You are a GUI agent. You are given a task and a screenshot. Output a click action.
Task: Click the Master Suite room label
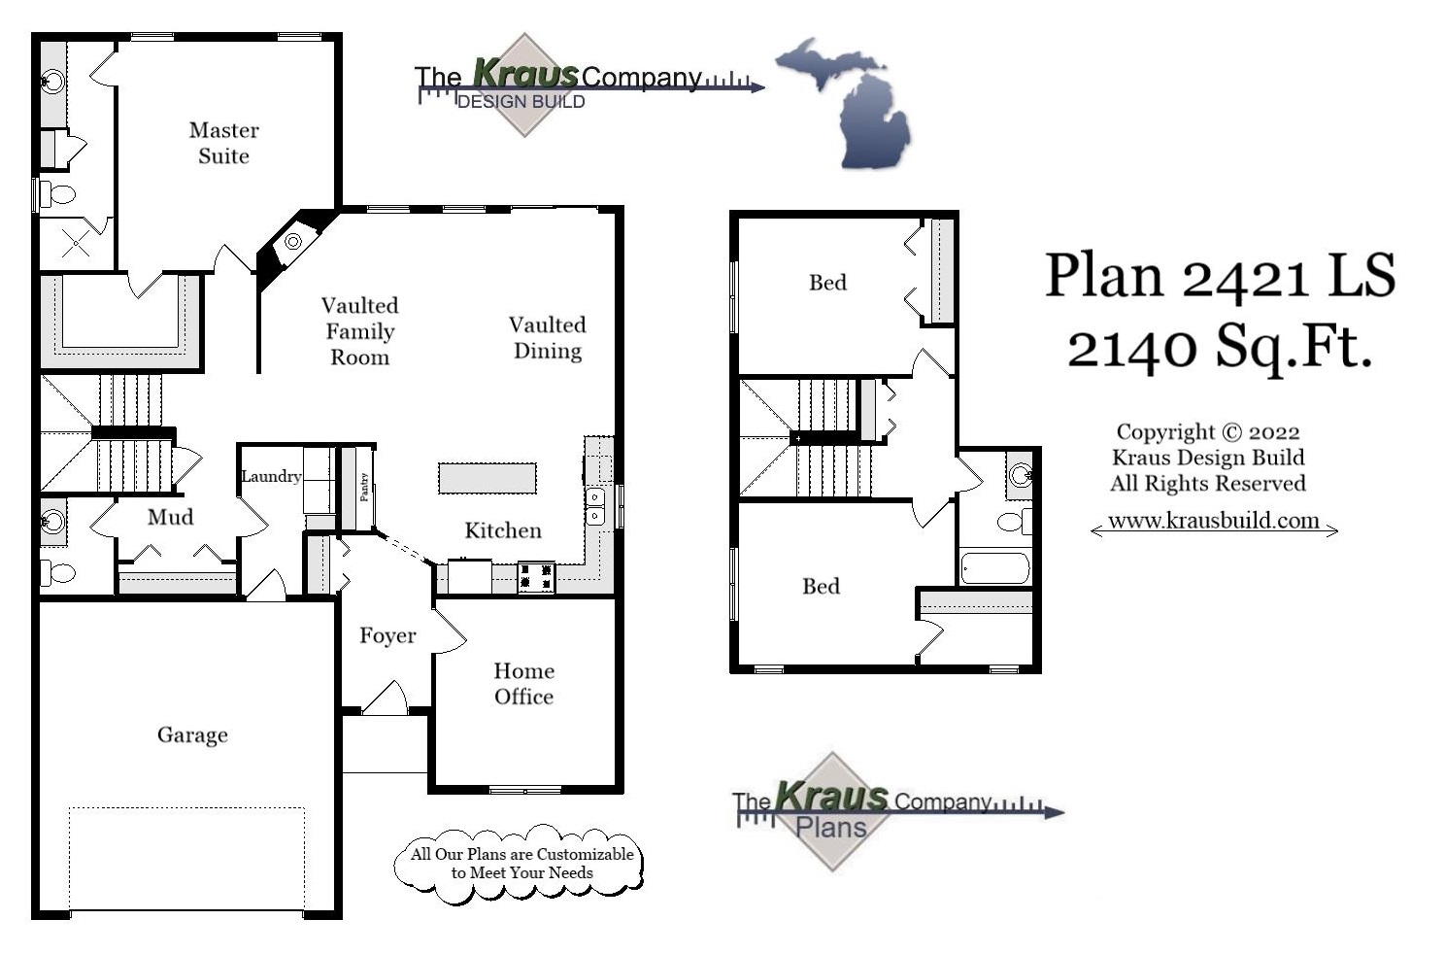(224, 143)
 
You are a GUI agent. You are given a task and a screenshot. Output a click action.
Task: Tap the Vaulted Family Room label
(359, 331)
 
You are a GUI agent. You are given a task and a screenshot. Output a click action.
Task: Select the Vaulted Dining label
(548, 337)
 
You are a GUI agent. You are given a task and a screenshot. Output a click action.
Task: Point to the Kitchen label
(503, 530)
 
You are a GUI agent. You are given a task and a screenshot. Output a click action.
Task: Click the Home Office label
(523, 684)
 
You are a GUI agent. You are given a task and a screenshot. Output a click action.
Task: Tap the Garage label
(192, 734)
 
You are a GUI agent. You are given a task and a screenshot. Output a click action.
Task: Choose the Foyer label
(387, 635)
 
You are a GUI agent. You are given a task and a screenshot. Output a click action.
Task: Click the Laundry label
(271, 476)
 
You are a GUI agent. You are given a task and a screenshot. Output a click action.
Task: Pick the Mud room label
(170, 517)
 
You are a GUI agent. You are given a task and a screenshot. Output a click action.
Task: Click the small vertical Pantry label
(364, 487)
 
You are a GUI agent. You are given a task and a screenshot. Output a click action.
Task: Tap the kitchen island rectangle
(487, 478)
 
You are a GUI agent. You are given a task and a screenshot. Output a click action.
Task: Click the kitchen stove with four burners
(536, 578)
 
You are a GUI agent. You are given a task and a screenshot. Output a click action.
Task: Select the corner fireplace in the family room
(292, 241)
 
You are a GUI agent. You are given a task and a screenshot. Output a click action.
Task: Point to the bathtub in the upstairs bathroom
(994, 568)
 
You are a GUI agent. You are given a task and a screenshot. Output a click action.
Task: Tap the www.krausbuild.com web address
(1214, 521)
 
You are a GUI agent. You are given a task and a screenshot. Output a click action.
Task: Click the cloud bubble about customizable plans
(521, 864)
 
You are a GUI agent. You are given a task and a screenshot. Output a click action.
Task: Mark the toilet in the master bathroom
(57, 194)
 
